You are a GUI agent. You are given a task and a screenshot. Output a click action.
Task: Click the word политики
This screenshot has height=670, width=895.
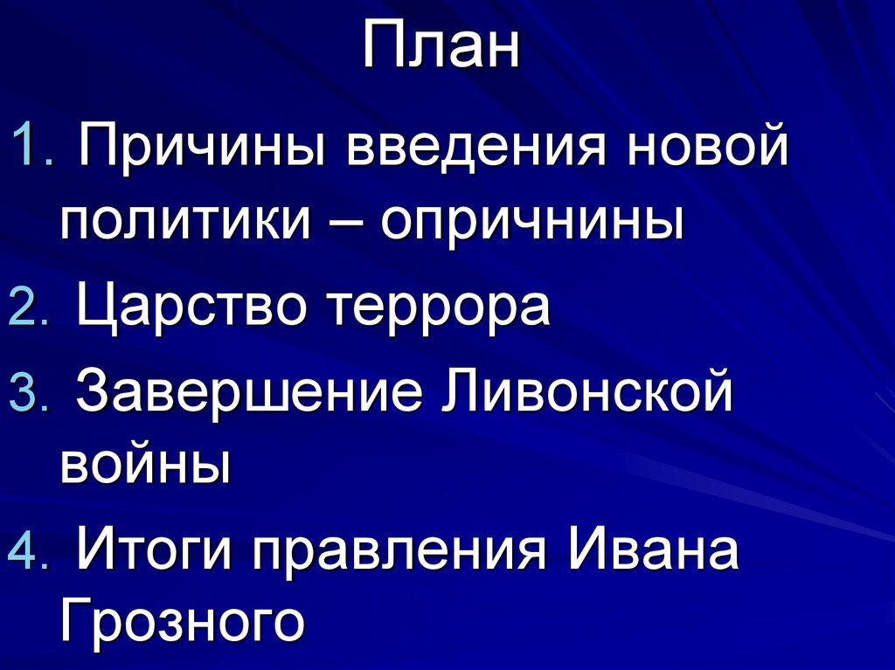186,223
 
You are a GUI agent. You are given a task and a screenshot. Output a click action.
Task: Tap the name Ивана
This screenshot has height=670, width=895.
655,551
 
